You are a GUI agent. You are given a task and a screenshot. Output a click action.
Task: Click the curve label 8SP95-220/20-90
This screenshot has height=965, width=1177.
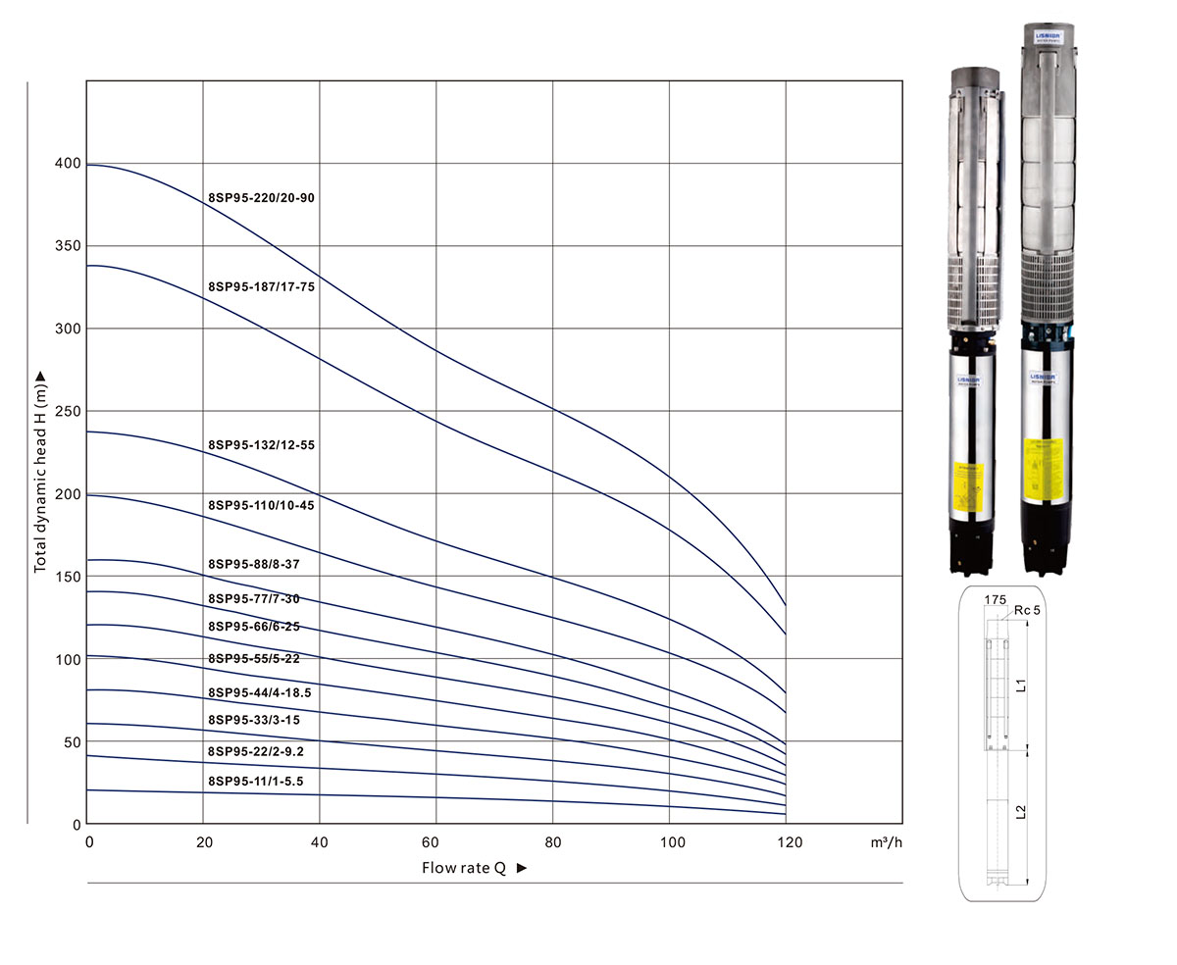tap(261, 198)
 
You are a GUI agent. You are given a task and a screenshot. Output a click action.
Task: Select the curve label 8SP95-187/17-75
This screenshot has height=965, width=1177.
tap(261, 287)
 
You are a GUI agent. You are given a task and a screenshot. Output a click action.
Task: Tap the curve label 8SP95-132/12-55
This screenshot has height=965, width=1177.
tap(261, 445)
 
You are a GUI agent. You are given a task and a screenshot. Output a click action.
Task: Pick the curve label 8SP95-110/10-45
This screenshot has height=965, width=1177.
tap(261, 505)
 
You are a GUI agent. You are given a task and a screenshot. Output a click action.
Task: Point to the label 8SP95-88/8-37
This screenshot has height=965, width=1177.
tap(254, 564)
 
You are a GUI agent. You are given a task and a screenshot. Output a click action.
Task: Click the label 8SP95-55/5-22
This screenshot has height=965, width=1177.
tap(254, 658)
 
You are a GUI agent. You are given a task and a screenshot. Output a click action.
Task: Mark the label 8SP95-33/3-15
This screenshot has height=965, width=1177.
tap(254, 720)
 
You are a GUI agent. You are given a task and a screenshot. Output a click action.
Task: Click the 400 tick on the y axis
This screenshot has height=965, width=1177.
tap(68, 163)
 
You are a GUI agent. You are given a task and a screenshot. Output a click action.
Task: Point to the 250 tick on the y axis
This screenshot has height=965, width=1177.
tap(68, 411)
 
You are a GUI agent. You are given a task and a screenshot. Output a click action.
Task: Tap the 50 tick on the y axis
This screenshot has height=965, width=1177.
tap(72, 742)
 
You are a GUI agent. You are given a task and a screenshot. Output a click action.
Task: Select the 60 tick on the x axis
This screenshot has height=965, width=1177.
tap(430, 842)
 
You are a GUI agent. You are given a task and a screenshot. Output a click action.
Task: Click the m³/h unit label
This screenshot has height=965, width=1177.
tap(885, 842)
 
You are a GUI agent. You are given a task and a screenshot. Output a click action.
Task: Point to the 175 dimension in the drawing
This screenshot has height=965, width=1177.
tap(995, 598)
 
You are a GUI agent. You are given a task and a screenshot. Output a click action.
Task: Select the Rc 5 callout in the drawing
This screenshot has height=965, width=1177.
tap(1028, 610)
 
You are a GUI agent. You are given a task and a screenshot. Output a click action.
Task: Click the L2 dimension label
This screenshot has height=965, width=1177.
tap(1021, 811)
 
